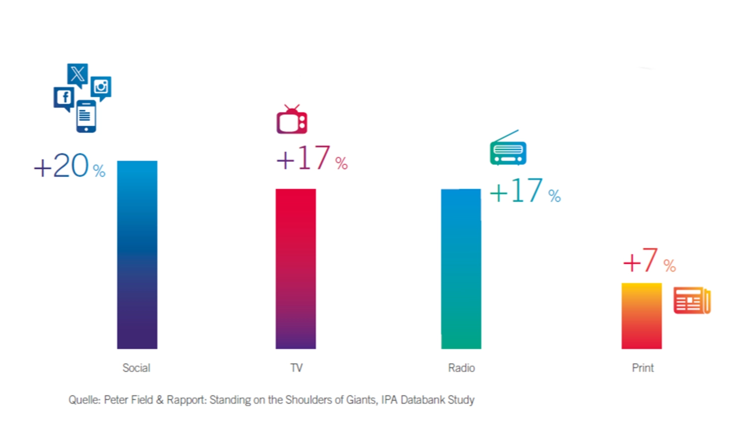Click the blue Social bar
tap(137, 254)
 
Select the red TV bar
tap(296, 268)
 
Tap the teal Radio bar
tap(461, 268)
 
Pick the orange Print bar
tap(641, 316)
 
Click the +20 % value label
tap(70, 166)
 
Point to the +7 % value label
tap(649, 261)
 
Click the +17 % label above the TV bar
tap(311, 158)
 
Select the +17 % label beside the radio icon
tap(524, 191)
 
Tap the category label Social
tap(136, 368)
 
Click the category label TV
tap(296, 368)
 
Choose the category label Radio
tap(461, 368)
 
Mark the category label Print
tap(643, 368)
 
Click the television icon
tap(292, 120)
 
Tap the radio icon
tap(508, 149)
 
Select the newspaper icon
tap(692, 300)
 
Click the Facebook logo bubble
tap(64, 98)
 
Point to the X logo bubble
tap(77, 74)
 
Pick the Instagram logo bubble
tap(101, 87)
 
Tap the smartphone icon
tap(86, 116)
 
